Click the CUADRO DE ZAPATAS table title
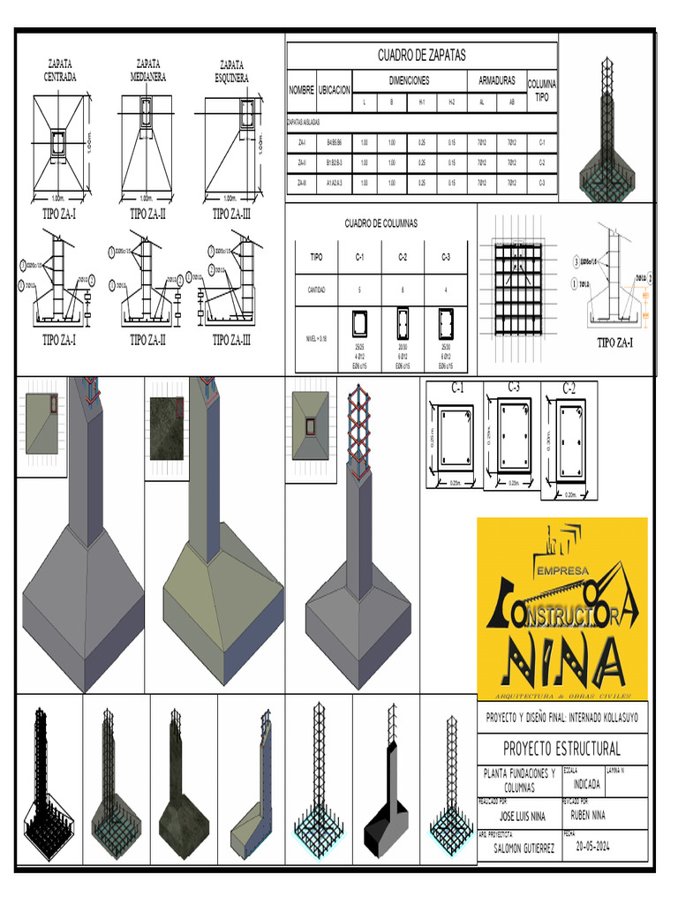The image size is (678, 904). (421, 55)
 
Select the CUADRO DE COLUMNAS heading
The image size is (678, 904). (380, 223)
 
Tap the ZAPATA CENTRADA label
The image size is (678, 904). (60, 71)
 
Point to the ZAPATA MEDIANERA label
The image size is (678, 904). (147, 70)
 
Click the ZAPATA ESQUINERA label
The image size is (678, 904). (231, 71)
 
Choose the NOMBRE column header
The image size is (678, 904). (302, 90)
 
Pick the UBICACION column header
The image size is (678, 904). (335, 90)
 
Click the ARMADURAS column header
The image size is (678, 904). (496, 79)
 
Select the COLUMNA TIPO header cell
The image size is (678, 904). (541, 90)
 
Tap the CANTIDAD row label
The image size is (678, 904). (316, 290)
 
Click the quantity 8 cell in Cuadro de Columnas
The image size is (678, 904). (402, 290)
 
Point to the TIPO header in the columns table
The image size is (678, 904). (316, 258)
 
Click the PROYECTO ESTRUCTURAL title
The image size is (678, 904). (561, 750)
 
